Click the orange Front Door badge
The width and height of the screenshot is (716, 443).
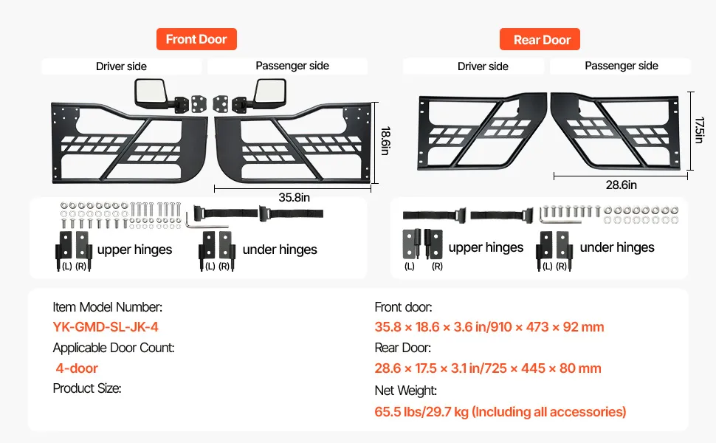(x=196, y=39)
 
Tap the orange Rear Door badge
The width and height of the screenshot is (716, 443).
(x=542, y=40)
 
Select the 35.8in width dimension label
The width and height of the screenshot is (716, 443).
(x=294, y=197)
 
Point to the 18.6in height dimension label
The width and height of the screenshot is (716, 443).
(x=385, y=140)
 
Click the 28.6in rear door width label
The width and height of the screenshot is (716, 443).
(x=621, y=185)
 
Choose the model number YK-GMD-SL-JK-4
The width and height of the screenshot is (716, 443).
(x=106, y=327)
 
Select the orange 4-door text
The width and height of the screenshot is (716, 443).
(x=77, y=368)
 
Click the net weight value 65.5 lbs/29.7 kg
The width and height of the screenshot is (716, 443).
(x=500, y=411)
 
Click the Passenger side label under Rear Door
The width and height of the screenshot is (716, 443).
(x=621, y=66)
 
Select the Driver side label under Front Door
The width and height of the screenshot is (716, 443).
(x=121, y=66)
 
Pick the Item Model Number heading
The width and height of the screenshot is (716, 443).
(x=108, y=307)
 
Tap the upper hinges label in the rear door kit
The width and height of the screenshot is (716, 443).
(x=486, y=247)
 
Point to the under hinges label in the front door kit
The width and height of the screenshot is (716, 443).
(x=280, y=250)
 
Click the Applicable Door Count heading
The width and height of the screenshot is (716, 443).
(x=114, y=348)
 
